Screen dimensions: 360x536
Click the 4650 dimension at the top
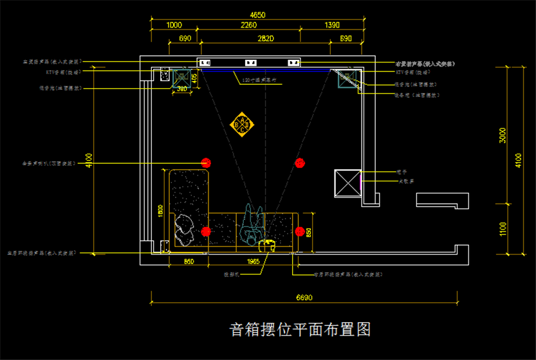[x=257, y=15]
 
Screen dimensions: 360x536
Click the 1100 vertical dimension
[x=503, y=229]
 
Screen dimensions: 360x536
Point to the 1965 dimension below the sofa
[x=253, y=262]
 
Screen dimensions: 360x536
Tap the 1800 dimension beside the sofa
[x=161, y=210]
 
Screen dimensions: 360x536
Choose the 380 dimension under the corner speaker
[x=181, y=89]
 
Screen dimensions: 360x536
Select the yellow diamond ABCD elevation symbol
[x=243, y=123]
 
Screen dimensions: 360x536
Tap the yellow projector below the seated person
[x=267, y=245]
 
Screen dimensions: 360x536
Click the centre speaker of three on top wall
[x=250, y=63]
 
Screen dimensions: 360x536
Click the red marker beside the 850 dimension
[x=299, y=231]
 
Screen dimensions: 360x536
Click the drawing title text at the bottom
[x=300, y=330]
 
